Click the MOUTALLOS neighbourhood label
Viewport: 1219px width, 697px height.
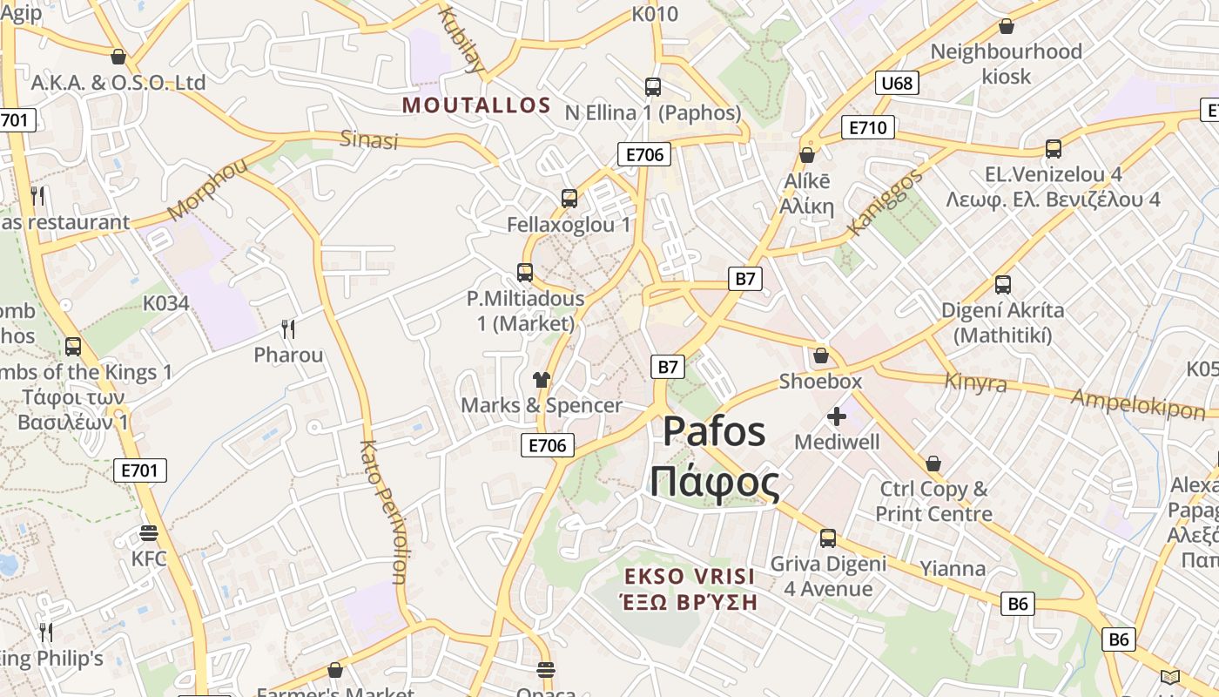tap(476, 105)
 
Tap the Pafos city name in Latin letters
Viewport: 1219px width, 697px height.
tap(714, 432)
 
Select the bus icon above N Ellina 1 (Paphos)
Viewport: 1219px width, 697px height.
tap(653, 87)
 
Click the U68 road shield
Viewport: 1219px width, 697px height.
tap(897, 83)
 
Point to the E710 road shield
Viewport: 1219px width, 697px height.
tap(868, 128)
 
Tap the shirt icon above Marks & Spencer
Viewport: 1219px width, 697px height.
tap(542, 379)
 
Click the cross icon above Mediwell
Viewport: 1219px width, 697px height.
tap(837, 416)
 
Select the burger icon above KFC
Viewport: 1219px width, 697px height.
tap(149, 533)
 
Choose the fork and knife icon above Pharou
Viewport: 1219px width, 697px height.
tap(288, 329)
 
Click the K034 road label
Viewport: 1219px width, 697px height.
tap(165, 303)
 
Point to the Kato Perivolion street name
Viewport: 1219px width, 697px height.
tap(383, 511)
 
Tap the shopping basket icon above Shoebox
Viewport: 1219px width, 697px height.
tap(820, 355)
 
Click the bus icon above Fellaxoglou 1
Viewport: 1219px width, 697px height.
tap(569, 199)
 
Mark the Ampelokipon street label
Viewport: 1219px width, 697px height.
tap(1138, 403)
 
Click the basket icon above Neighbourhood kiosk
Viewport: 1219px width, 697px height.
tap(1007, 26)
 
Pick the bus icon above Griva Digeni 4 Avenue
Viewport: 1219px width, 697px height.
tap(828, 538)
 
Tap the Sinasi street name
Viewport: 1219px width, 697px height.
tap(369, 139)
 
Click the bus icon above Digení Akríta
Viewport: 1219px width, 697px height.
tap(1003, 285)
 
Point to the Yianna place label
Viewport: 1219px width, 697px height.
tap(953, 570)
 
